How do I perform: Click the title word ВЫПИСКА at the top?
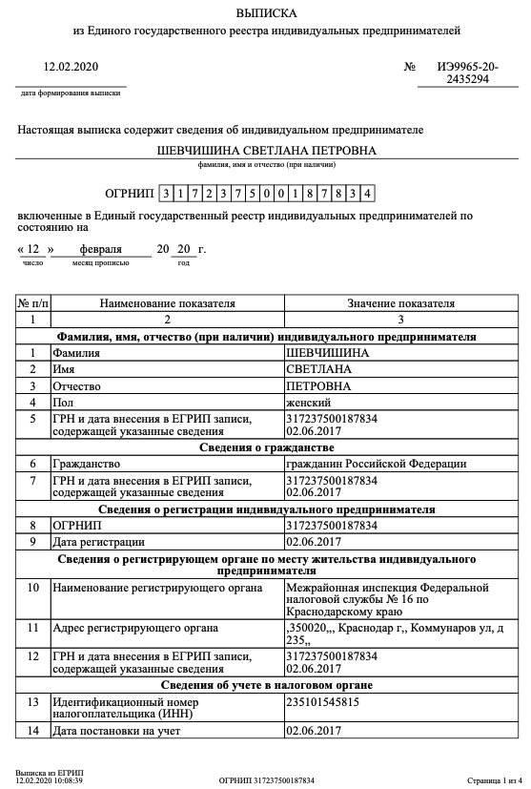266,13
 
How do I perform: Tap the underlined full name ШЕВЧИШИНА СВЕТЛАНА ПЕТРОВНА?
266,151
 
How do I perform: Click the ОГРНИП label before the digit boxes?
129,194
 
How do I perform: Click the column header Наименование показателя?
167,303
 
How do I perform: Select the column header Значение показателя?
400,303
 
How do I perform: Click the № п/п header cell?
33,303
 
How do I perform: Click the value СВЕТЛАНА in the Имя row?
318,369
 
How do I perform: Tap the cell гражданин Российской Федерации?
377,464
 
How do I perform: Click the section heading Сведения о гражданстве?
266,447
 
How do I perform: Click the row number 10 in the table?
33,588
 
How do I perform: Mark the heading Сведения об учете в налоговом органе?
266,685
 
